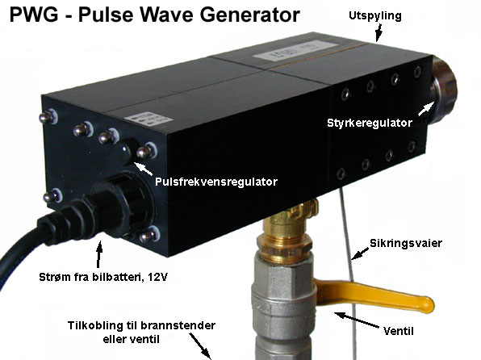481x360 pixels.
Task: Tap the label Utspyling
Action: click(375, 16)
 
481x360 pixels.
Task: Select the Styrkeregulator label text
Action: click(370, 123)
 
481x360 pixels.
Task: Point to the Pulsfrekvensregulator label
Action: click(216, 182)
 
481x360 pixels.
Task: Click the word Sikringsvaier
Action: click(406, 243)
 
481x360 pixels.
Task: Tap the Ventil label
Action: click(399, 331)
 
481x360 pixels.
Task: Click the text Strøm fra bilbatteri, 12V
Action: click(103, 277)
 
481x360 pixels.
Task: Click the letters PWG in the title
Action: click(34, 15)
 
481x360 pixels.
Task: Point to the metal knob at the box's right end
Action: click(444, 89)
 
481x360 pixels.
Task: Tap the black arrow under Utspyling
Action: click(379, 33)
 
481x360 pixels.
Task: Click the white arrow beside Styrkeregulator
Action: click(426, 109)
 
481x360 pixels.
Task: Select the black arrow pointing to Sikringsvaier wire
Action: click(361, 253)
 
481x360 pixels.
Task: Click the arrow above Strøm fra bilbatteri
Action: click(98, 254)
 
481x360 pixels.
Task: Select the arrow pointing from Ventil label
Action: click(357, 320)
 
